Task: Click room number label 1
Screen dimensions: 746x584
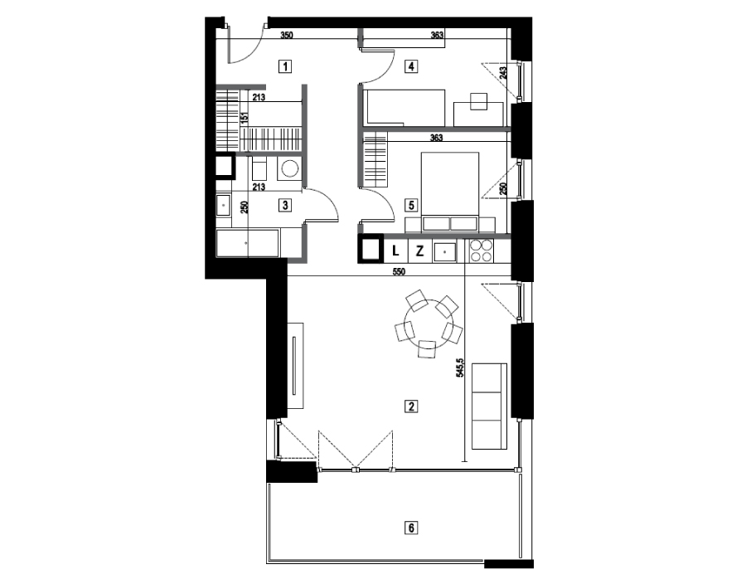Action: tap(285, 66)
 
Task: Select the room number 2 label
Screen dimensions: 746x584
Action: tap(411, 406)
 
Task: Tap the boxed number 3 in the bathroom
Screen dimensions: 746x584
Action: tap(285, 206)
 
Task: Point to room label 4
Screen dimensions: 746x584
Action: tap(411, 66)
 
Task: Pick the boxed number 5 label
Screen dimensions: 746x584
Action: tap(411, 206)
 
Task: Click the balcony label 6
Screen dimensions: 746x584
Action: tap(411, 528)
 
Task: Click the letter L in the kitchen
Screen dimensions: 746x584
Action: tap(395, 251)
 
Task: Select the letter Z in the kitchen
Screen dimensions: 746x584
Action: tap(419, 251)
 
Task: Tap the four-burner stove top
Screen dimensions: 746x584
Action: tap(481, 251)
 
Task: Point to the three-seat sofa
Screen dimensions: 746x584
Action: tap(488, 406)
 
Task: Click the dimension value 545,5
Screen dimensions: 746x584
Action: tap(460, 368)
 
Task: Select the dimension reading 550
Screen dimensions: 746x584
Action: tap(399, 272)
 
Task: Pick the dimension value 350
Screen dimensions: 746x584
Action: tap(287, 35)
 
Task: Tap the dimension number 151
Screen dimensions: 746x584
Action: tap(245, 118)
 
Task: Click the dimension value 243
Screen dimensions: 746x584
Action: tap(504, 72)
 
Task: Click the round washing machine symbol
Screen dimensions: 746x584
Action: tap(290, 169)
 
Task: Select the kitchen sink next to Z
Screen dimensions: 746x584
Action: tap(444, 251)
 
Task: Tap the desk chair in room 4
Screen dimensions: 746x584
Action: tap(478, 101)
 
